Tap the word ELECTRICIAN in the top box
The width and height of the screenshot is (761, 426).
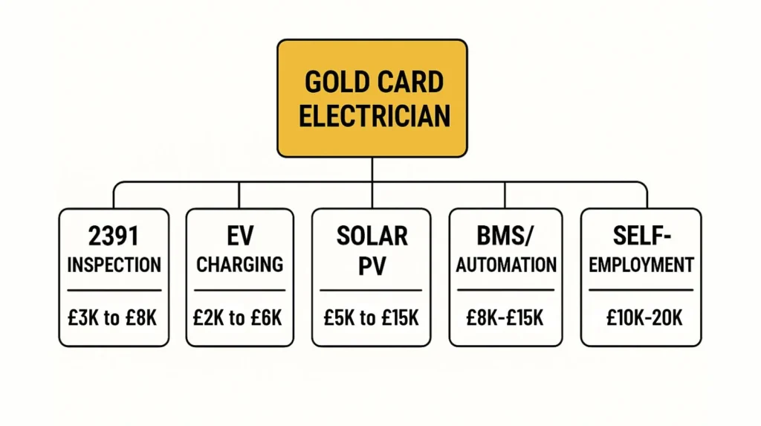[x=372, y=116]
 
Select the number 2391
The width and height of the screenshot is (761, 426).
[x=114, y=236]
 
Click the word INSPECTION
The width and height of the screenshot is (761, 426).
[x=114, y=265]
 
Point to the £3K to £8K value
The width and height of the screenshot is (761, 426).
[x=114, y=317]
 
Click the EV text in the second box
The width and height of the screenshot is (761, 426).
[x=239, y=236]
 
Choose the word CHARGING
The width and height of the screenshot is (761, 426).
[x=239, y=265]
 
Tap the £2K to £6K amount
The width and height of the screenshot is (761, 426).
[x=239, y=317]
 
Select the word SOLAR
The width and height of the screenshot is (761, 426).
[x=372, y=236]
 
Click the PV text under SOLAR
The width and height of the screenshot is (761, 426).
[x=372, y=265]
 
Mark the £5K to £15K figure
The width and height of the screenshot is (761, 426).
[x=372, y=317]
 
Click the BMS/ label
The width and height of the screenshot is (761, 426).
[x=505, y=236]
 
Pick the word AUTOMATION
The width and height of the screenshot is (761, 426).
[x=505, y=265]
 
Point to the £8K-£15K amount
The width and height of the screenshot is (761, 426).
[x=505, y=317]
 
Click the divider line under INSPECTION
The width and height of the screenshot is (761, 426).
[x=114, y=290]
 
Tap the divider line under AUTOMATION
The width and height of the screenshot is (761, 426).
[x=505, y=290]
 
